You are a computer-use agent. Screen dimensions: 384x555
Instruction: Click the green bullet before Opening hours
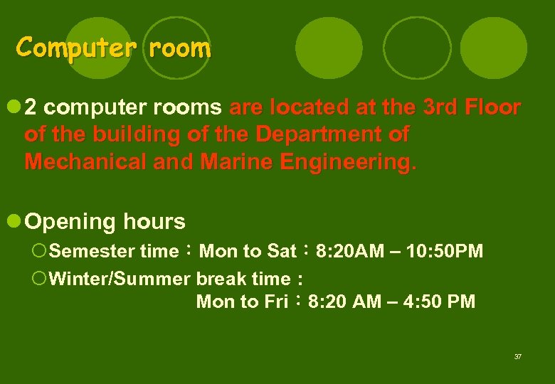(13, 220)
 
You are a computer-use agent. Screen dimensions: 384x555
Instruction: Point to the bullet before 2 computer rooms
(13, 107)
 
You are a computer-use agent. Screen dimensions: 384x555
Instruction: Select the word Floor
(493, 108)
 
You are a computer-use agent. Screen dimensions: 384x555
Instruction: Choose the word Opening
(70, 222)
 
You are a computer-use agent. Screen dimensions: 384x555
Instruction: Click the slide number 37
(517, 356)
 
